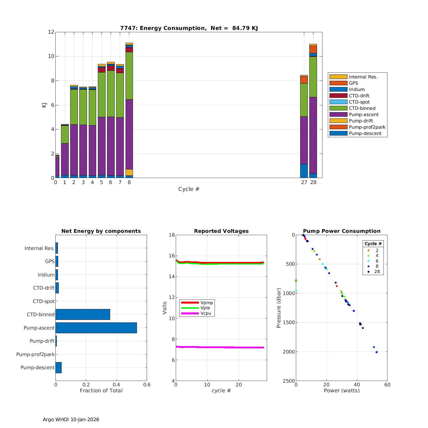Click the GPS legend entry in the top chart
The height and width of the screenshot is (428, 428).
(353, 83)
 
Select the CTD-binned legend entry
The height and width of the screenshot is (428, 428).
(362, 108)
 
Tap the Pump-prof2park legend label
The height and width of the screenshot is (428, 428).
(367, 127)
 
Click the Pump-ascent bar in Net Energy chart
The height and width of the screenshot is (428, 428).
(96, 328)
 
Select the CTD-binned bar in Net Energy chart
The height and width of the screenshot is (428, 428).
(83, 314)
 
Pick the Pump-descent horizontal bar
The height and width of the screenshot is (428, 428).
(58, 368)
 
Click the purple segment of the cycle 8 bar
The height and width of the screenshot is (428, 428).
(129, 134)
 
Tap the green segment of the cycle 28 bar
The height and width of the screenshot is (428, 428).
(313, 77)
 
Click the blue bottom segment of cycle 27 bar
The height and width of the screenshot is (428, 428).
(304, 171)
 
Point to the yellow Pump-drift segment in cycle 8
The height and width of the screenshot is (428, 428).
(129, 172)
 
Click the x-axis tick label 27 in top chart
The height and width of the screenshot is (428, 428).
(304, 182)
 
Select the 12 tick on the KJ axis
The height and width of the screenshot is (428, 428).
(51, 32)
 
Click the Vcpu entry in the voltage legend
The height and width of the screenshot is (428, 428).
(205, 313)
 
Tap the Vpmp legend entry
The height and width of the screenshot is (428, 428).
(206, 302)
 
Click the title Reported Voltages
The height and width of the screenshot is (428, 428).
(221, 231)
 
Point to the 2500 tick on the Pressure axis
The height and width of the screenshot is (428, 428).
(289, 381)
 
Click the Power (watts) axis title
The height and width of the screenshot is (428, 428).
(342, 390)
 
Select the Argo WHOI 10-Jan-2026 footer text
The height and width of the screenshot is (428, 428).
(71, 419)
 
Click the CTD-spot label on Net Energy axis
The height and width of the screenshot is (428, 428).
(43, 301)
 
